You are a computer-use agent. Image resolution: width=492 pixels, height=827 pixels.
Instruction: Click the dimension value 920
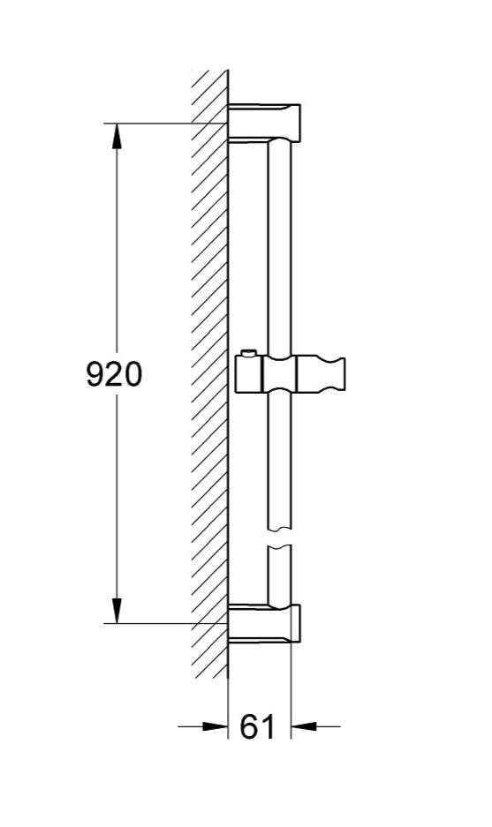(113, 374)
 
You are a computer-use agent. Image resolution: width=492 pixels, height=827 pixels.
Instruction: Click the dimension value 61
(258, 727)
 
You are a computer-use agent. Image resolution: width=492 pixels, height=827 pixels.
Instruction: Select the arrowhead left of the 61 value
(216, 727)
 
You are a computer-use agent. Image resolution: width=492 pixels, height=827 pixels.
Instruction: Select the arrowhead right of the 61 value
(303, 727)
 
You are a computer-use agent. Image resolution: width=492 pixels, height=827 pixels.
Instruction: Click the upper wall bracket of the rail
(265, 123)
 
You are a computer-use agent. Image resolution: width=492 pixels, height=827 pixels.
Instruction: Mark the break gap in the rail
(278, 538)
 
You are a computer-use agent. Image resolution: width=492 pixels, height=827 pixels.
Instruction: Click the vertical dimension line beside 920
(117, 265)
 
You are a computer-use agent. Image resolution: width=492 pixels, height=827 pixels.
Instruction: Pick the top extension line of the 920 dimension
(168, 123)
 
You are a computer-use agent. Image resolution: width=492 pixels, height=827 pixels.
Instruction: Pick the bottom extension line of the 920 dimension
(168, 623)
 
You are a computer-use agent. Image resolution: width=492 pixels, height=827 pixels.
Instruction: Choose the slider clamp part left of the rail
(252, 374)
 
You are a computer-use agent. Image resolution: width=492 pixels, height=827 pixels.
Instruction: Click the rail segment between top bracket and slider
(278, 247)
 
